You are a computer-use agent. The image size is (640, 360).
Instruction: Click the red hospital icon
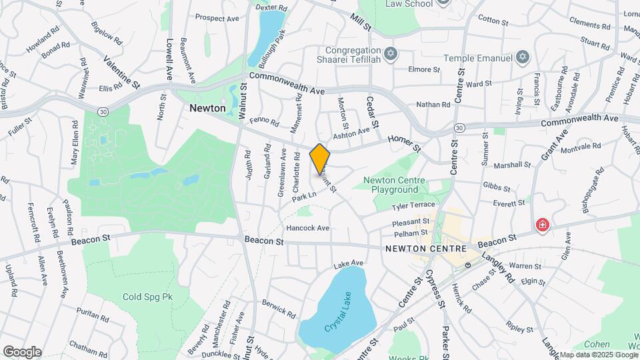pos(543,225)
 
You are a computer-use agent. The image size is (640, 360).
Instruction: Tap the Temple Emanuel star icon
pos(523,58)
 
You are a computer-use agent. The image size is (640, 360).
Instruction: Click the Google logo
pos(22,351)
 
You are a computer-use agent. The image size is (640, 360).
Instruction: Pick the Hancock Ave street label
pos(308,228)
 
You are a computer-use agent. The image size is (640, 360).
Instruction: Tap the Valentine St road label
pos(122,72)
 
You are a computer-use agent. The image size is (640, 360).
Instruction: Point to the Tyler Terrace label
pos(413,205)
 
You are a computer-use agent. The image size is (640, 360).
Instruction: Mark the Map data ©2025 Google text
pos(597,355)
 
